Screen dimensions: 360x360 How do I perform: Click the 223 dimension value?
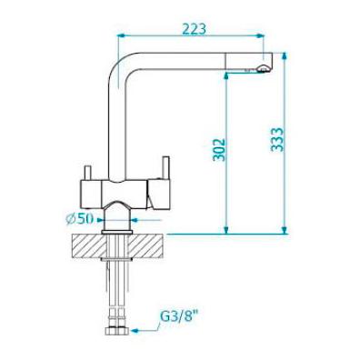click(x=194, y=29)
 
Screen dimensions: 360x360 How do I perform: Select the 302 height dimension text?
click(x=219, y=150)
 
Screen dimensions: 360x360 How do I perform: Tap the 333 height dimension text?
click(x=277, y=139)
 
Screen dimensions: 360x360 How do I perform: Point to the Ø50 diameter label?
click(x=80, y=219)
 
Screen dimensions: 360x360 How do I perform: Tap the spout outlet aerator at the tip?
click(x=263, y=69)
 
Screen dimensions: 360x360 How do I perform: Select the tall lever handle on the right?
click(x=166, y=167)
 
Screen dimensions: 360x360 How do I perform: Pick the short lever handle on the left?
click(x=88, y=173)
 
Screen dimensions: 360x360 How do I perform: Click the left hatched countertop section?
click(x=87, y=245)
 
